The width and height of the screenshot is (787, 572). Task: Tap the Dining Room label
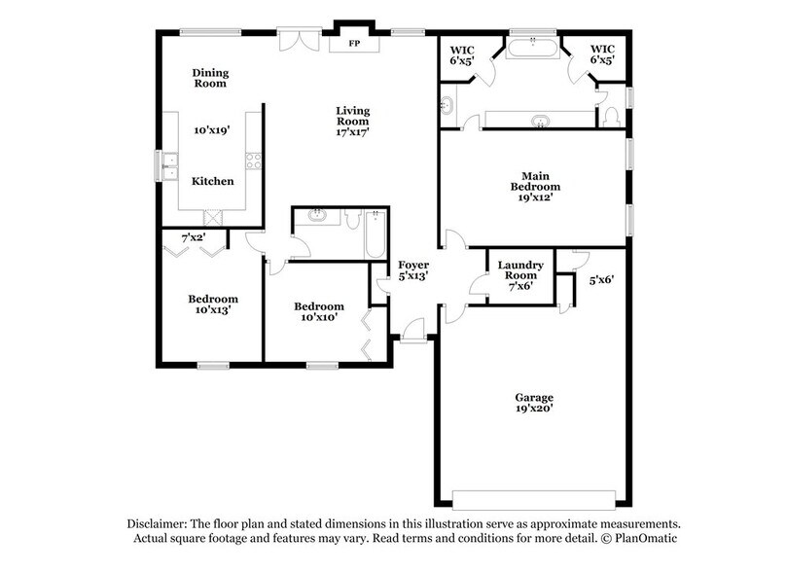(209, 78)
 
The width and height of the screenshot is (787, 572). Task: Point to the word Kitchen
(212, 181)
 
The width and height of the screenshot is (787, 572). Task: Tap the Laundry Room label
(520, 270)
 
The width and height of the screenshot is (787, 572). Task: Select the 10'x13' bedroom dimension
(212, 310)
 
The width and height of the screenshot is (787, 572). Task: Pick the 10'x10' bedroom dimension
(319, 317)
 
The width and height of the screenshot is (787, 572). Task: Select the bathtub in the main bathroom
(532, 48)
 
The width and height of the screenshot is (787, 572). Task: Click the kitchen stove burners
(254, 162)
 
